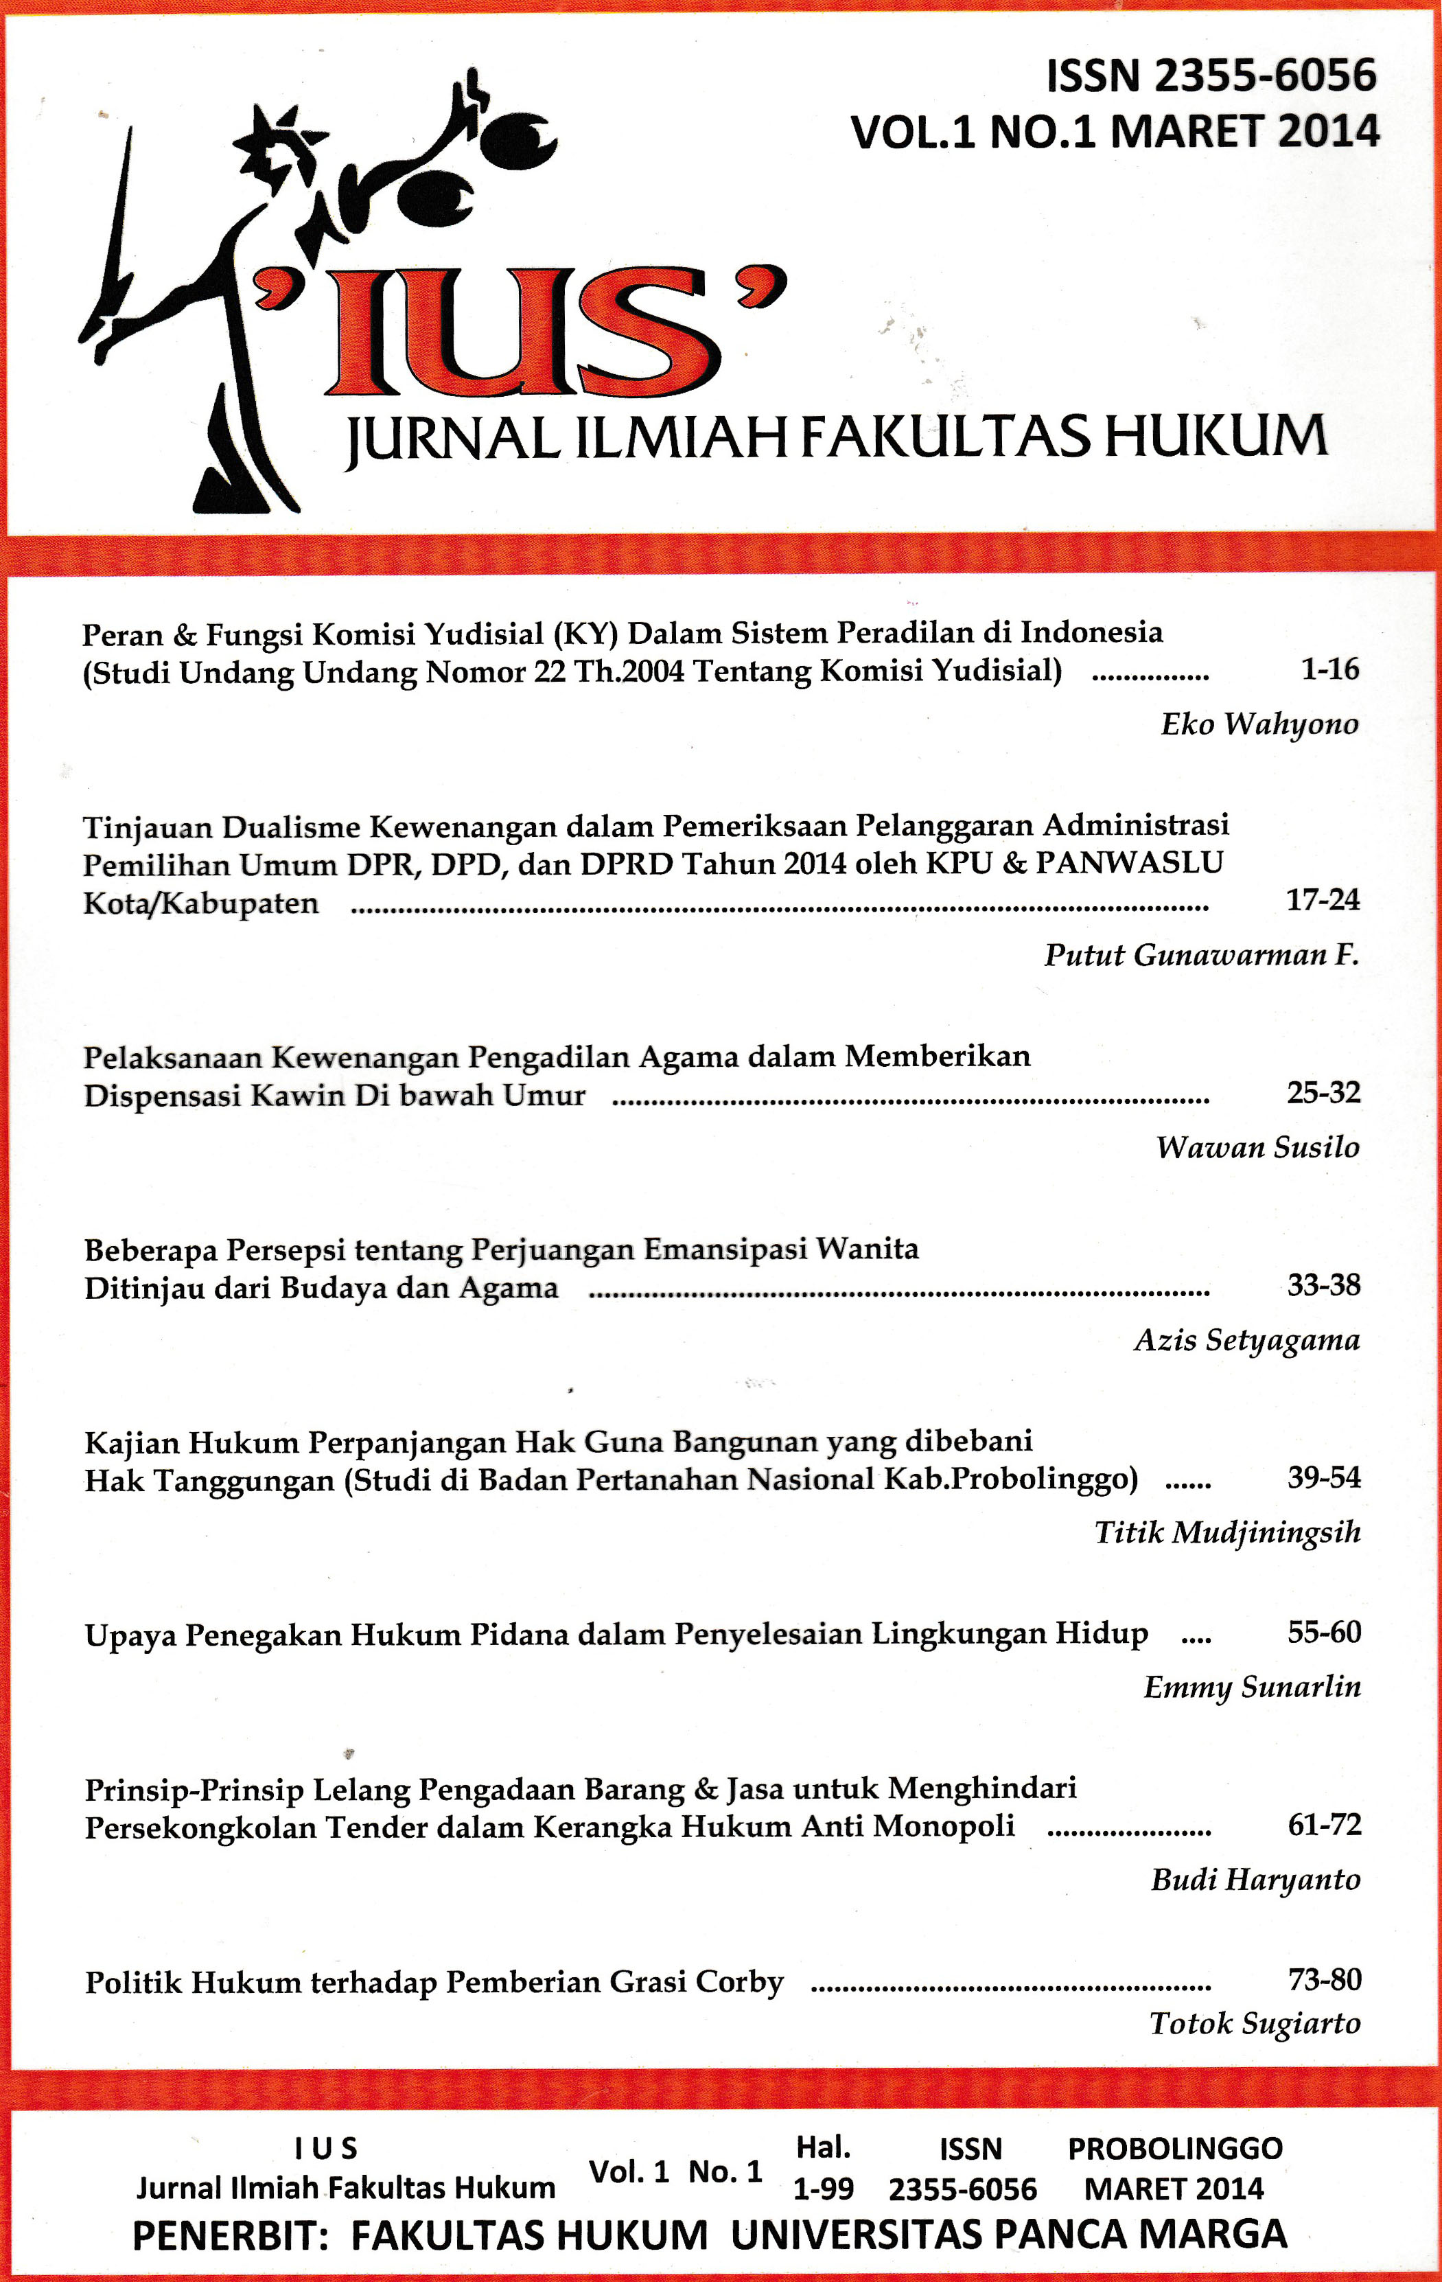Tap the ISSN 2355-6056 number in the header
pos(1210,76)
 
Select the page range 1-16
pos(1329,669)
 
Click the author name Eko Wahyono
pos(1259,724)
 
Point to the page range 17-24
pos(1322,899)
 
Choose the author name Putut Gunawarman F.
pos(1200,954)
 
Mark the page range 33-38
pos(1323,1285)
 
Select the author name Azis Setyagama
pos(1247,1340)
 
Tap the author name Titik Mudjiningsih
pos(1227,1532)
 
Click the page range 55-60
pos(1323,1632)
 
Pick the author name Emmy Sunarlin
pos(1252,1687)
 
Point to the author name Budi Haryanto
pos(1255,1879)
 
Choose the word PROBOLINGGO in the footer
pos(1175,2148)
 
